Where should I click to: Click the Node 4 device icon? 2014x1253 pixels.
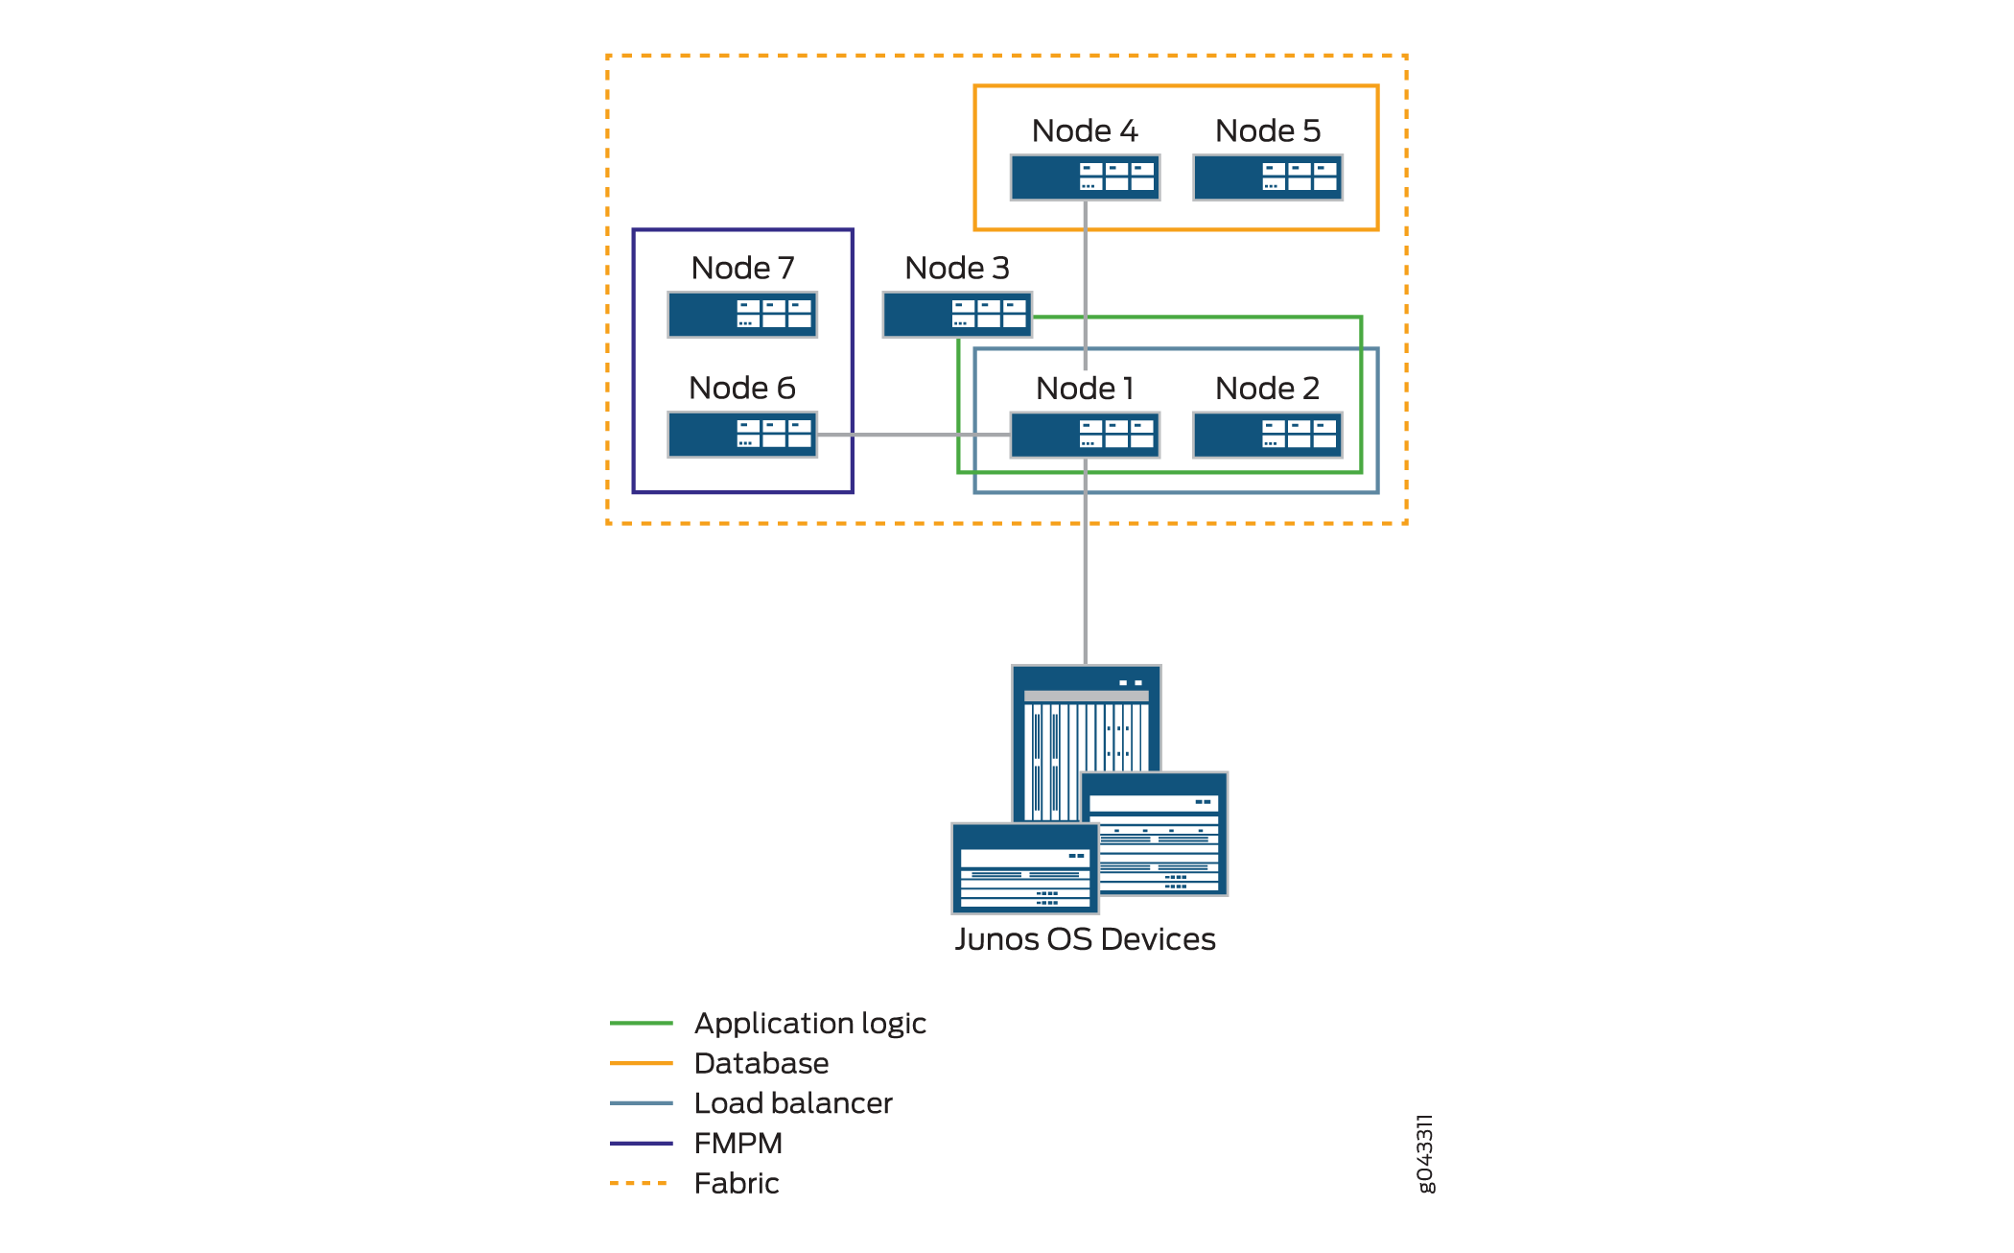(1085, 177)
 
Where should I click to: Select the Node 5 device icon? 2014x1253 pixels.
(1267, 177)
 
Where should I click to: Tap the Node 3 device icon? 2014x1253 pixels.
(956, 315)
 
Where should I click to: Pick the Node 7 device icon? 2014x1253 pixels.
(742, 315)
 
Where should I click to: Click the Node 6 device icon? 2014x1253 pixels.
(742, 435)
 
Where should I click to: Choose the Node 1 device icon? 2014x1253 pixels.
(1085, 435)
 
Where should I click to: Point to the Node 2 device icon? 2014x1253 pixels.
(1267, 435)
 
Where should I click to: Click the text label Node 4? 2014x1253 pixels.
(1085, 130)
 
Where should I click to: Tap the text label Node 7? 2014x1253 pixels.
(742, 268)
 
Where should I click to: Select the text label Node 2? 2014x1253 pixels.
(1267, 388)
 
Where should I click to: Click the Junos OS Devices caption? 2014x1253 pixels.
(1085, 938)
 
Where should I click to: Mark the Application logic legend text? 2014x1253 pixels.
(809, 1023)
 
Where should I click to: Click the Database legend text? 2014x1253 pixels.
(761, 1063)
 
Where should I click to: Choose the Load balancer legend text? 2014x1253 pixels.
(793, 1103)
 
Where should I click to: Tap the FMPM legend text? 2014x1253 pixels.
(738, 1143)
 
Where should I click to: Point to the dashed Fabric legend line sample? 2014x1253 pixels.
(640, 1183)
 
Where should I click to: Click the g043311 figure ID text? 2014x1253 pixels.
(1425, 1153)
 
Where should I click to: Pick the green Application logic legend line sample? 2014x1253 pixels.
(641, 1023)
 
